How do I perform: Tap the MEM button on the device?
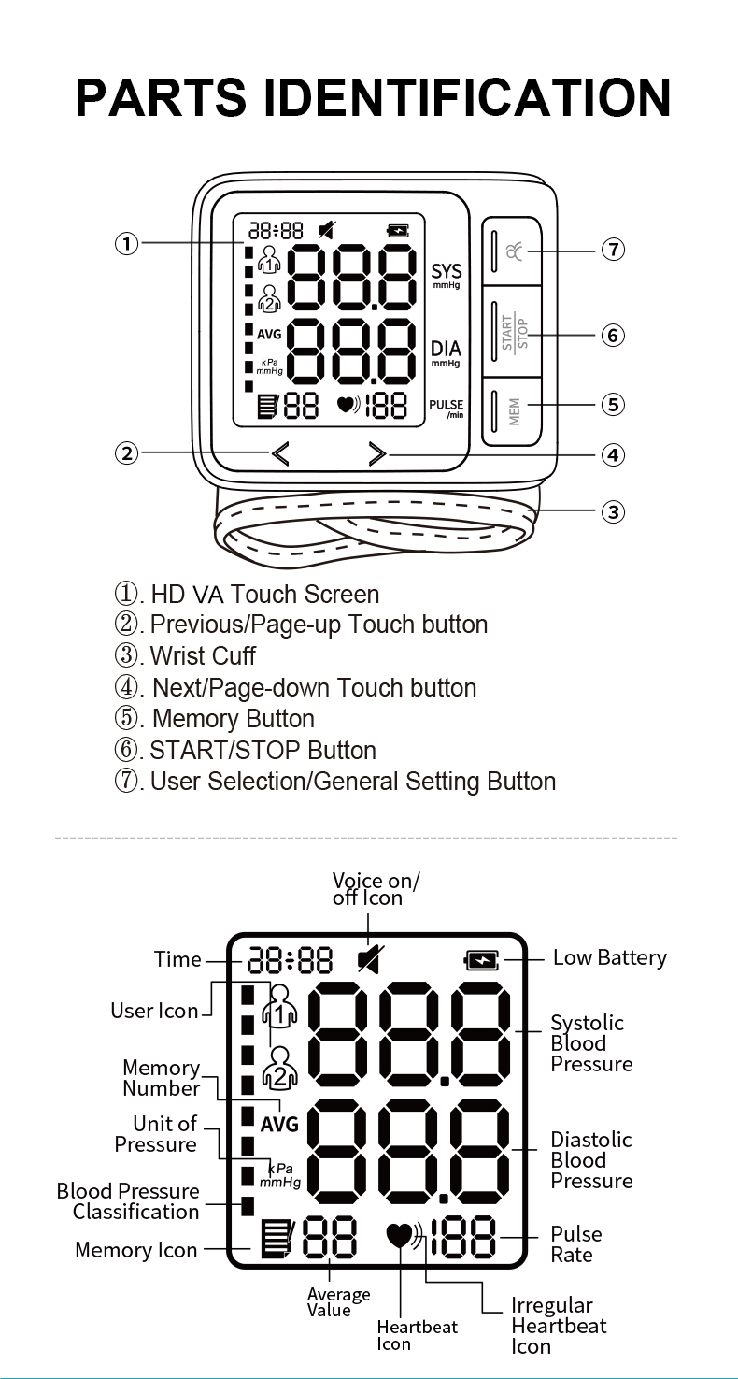coord(512,409)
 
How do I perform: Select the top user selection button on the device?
coord(512,251)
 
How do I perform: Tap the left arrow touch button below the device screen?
coord(280,454)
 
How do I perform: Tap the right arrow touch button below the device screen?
coord(376,454)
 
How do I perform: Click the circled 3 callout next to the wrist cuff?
coord(612,511)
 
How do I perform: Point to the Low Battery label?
coord(609,957)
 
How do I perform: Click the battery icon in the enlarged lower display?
coord(482,959)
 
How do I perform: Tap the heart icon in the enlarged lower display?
coord(400,1237)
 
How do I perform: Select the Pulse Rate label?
coord(575,1244)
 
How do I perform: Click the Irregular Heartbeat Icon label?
coord(558,1326)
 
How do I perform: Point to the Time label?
coord(177,959)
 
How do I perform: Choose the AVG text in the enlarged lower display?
coord(278,1125)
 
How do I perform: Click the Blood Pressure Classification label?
coord(129,1201)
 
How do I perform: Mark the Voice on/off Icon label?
coord(376,889)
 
